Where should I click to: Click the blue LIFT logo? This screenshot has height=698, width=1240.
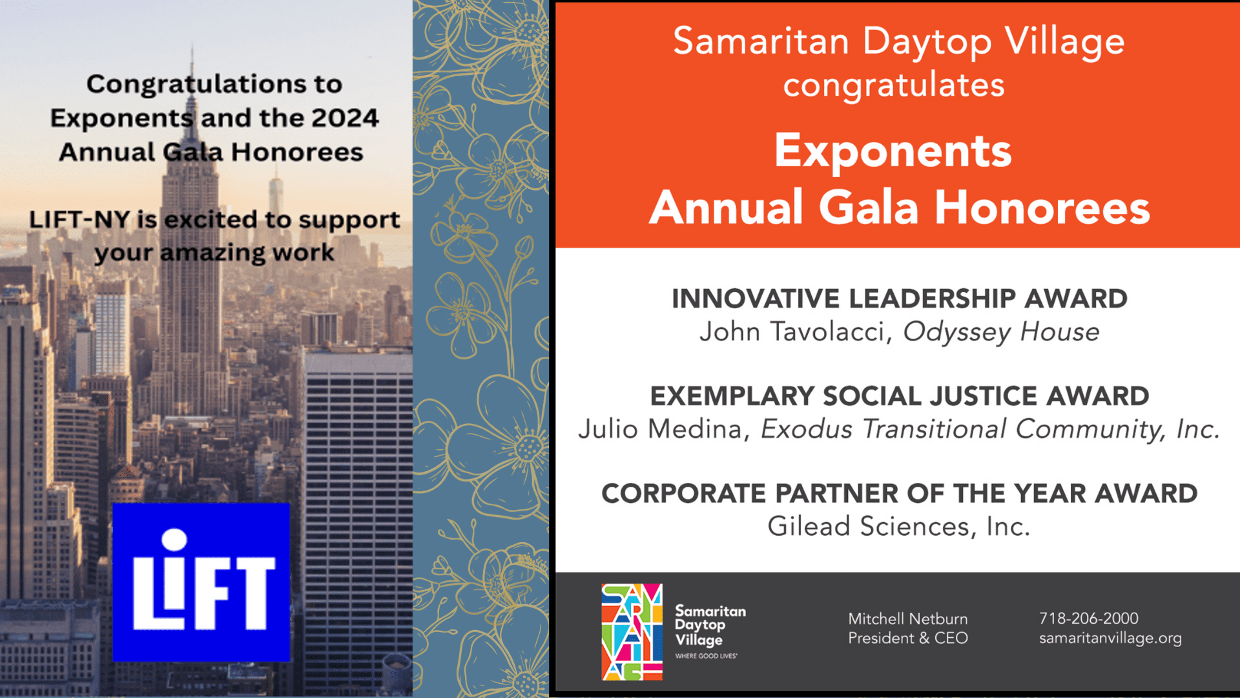point(201,582)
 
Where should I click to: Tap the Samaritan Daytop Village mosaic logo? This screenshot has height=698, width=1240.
point(632,632)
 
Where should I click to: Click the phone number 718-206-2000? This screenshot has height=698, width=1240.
point(1088,619)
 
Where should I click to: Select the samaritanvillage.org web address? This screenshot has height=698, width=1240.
point(1110,638)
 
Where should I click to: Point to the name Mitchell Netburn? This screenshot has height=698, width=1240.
point(907,619)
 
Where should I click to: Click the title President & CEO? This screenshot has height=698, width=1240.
point(907,639)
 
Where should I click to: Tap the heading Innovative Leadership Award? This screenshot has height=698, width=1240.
point(899,299)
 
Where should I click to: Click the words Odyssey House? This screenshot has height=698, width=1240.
point(1000,332)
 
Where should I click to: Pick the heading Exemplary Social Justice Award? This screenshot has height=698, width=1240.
point(899,396)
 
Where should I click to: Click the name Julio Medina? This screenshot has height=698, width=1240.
point(660,429)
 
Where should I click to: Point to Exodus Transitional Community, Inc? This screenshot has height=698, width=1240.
point(989,429)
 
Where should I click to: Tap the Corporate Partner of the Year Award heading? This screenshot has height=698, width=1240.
point(899,494)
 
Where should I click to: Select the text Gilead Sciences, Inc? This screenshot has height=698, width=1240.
point(898,527)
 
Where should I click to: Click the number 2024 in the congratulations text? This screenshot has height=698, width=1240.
point(345,118)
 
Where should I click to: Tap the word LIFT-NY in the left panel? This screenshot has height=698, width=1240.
point(79,220)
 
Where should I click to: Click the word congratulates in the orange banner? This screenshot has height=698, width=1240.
point(894,85)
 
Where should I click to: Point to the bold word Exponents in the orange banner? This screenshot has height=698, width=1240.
point(893,151)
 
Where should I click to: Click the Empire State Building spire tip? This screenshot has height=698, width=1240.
point(192,47)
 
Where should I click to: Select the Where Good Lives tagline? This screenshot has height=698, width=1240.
point(706,656)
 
